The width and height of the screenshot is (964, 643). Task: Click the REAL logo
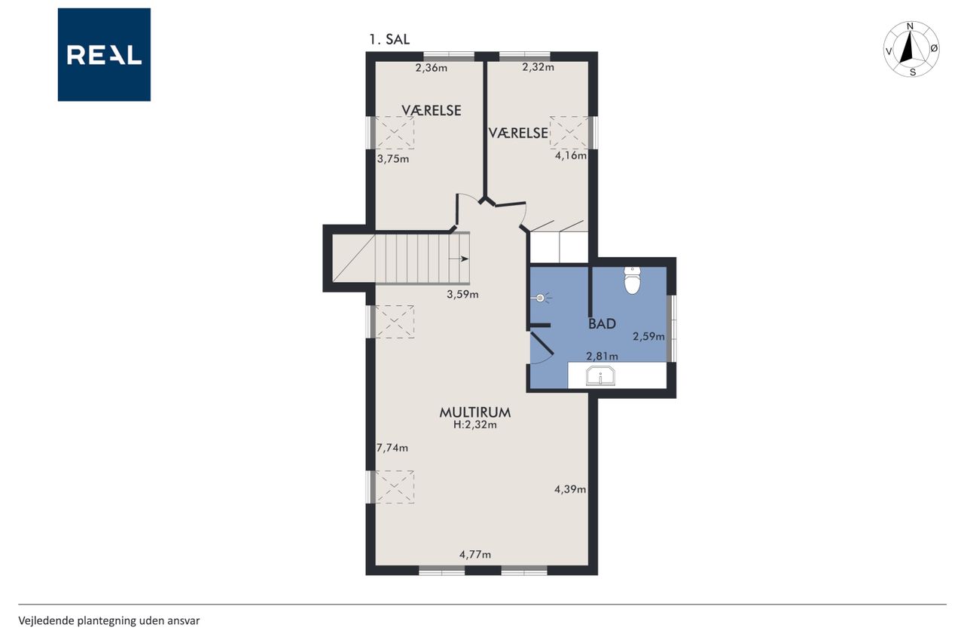pyautogui.click(x=104, y=55)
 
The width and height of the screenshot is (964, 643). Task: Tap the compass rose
pyautogui.click(x=911, y=49)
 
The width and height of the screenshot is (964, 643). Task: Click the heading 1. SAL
pyautogui.click(x=389, y=40)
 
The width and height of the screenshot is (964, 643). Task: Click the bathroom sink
pyautogui.click(x=600, y=376)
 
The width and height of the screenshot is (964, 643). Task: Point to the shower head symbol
pyautogui.click(x=541, y=298)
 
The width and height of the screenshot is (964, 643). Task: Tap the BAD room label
pyautogui.click(x=602, y=324)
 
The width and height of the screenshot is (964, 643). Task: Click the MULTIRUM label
pyautogui.click(x=474, y=412)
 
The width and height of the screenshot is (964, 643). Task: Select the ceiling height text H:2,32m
pyautogui.click(x=474, y=425)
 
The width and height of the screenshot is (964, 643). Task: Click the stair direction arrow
pyautogui.click(x=459, y=259)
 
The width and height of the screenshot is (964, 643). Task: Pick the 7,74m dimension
pyautogui.click(x=392, y=448)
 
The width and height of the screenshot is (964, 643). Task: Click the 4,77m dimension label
pyautogui.click(x=474, y=555)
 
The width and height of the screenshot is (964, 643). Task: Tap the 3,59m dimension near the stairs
pyautogui.click(x=462, y=295)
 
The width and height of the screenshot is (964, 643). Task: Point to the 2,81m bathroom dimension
pyautogui.click(x=602, y=356)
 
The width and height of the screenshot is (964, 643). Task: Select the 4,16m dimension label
pyautogui.click(x=571, y=155)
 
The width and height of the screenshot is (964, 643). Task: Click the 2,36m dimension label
pyautogui.click(x=432, y=68)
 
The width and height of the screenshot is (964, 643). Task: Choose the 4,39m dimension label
pyautogui.click(x=570, y=489)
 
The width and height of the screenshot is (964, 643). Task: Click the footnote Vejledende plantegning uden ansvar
pyautogui.click(x=109, y=620)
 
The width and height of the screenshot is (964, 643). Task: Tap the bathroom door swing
pyautogui.click(x=541, y=349)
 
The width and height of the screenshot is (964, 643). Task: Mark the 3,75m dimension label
pyautogui.click(x=393, y=159)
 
